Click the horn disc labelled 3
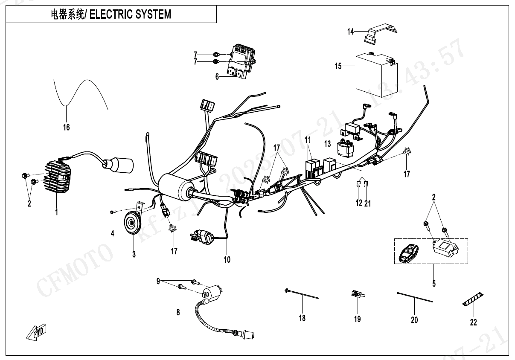pyautogui.click(x=131, y=223)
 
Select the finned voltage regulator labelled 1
pyautogui.click(x=57, y=177)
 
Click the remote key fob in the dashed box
pyautogui.click(x=408, y=253)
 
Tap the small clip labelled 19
pyautogui.click(x=356, y=293)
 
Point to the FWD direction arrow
pyautogui.click(x=37, y=332)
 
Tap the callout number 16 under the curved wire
pyautogui.click(x=66, y=127)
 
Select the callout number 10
pyautogui.click(x=227, y=259)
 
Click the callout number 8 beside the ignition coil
pyautogui.click(x=178, y=312)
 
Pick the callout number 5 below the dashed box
pyautogui.click(x=434, y=282)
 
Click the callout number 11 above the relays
pyautogui.click(x=308, y=140)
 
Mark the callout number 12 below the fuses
pyautogui.click(x=359, y=203)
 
